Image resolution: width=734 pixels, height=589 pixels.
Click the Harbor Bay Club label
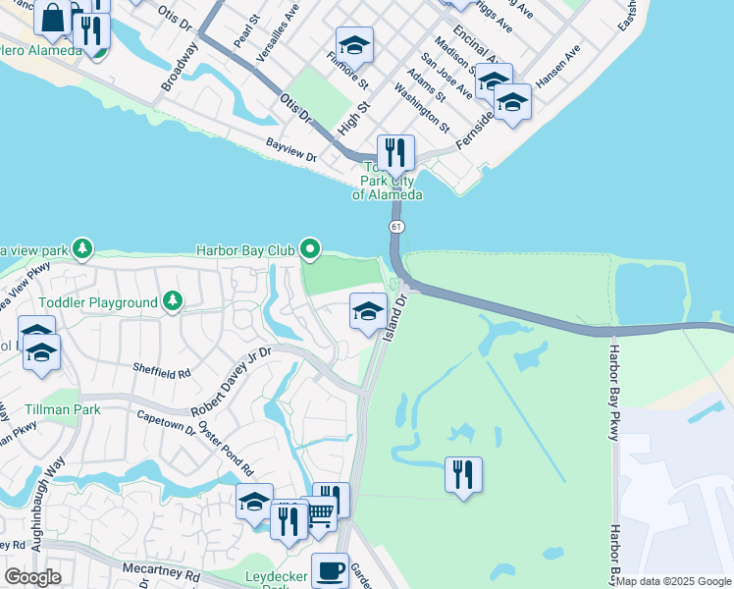pos(245,250)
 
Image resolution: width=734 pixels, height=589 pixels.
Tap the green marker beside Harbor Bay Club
pos(311,249)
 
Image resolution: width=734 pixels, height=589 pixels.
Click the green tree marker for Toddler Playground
pos(173,299)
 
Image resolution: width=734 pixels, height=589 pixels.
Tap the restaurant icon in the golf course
pos(463,475)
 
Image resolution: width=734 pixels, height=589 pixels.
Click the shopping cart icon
pos(320,513)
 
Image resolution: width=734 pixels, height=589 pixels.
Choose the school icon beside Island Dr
pos(368,313)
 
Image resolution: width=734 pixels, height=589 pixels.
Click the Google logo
pos(33,577)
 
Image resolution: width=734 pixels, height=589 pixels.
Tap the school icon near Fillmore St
pos(354,45)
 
